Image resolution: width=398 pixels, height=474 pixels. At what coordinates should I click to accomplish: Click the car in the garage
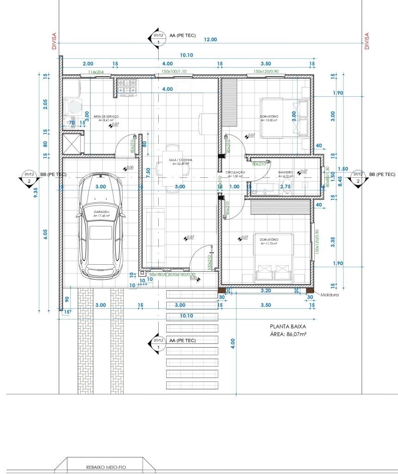(x=100, y=226)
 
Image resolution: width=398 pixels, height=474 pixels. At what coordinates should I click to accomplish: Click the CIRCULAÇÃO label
(x=235, y=172)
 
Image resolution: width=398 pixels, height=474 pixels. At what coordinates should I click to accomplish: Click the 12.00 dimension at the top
(x=211, y=39)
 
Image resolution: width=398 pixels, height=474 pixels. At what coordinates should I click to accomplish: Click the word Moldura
(x=330, y=294)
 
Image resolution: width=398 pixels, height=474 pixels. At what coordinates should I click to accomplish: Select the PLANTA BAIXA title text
(x=288, y=326)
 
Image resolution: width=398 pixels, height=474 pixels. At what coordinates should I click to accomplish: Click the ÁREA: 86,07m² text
(x=289, y=335)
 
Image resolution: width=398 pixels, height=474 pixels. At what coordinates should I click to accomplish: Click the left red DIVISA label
(x=54, y=41)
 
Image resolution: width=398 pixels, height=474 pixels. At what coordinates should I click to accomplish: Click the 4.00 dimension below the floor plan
(x=233, y=343)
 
